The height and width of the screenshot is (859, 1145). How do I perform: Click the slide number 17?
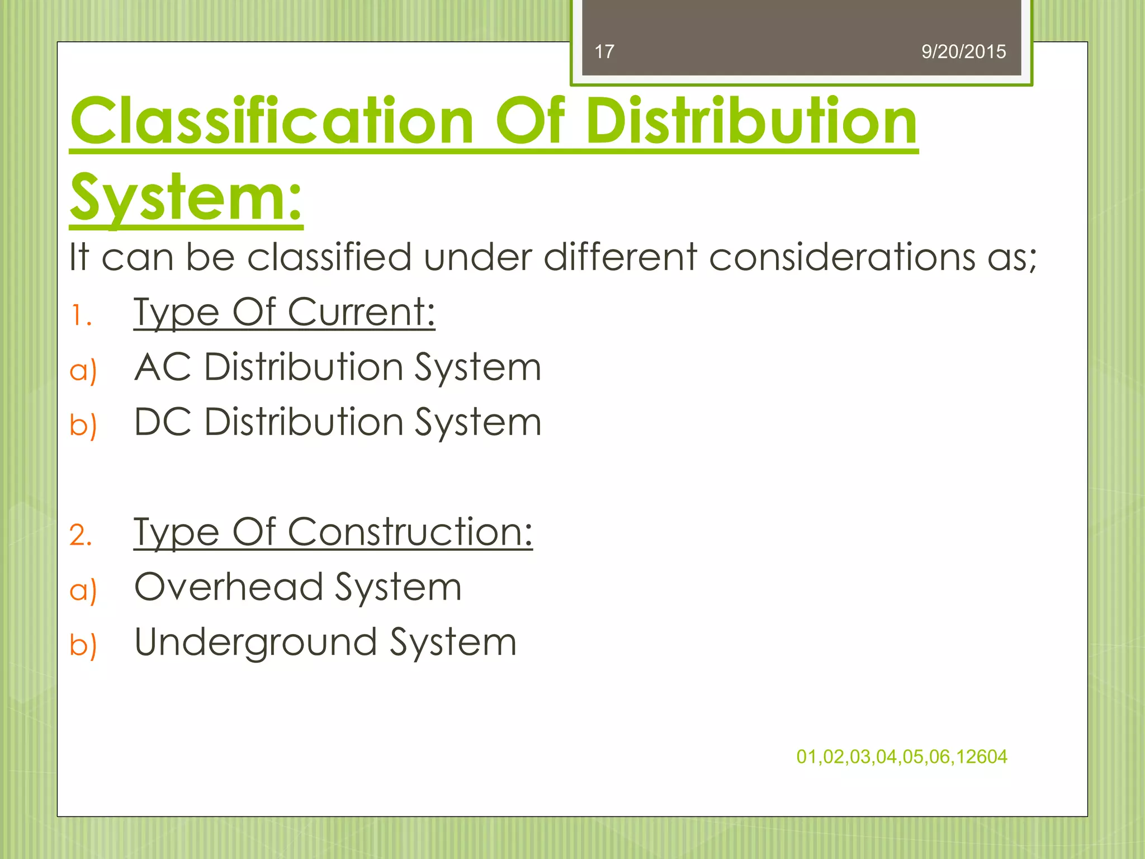pyautogui.click(x=604, y=52)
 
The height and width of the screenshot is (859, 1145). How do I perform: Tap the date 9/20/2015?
pyautogui.click(x=963, y=52)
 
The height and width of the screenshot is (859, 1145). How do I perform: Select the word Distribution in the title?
pyautogui.click(x=751, y=121)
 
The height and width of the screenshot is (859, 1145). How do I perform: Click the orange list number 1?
pyautogui.click(x=81, y=316)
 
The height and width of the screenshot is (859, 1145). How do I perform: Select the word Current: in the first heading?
pyautogui.click(x=361, y=312)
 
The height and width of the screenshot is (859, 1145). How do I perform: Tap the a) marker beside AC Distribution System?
pyautogui.click(x=83, y=371)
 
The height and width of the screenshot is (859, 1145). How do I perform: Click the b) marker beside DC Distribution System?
pyautogui.click(x=83, y=425)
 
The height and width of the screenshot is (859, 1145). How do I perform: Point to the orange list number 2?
pyautogui.click(x=81, y=535)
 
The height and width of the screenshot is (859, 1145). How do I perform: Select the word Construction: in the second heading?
pyautogui.click(x=410, y=532)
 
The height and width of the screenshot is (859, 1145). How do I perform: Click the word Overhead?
pyautogui.click(x=229, y=587)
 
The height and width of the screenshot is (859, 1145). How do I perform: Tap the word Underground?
pyautogui.click(x=256, y=643)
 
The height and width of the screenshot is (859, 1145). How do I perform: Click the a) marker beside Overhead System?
pyautogui.click(x=83, y=591)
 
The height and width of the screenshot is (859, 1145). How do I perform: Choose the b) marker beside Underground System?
pyautogui.click(x=83, y=645)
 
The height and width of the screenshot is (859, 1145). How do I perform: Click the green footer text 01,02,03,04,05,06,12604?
pyautogui.click(x=901, y=757)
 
